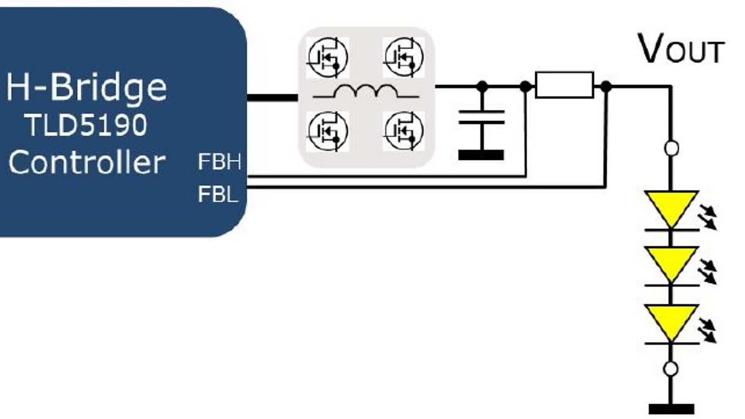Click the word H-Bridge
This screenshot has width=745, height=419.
87,88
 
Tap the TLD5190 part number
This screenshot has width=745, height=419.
86,125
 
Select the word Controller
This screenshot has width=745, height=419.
87,162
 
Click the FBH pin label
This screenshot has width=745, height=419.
219,164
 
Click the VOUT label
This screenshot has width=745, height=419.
681,50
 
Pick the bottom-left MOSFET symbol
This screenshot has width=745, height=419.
327,129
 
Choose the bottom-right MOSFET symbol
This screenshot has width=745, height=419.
404,129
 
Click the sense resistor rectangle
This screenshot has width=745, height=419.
564,85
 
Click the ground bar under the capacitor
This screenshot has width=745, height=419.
481,155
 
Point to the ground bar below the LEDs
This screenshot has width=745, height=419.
670,408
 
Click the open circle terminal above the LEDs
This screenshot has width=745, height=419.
670,148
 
